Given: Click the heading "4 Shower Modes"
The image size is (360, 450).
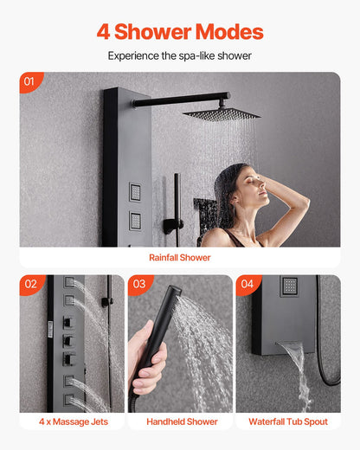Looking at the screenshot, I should click(180, 32).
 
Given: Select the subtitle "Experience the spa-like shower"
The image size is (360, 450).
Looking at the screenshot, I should click(180, 55).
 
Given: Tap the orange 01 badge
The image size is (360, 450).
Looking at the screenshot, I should click(30, 83).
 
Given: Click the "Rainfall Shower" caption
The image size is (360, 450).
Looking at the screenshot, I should click(180, 257).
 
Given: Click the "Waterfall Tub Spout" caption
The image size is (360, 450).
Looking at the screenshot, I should click(288, 422).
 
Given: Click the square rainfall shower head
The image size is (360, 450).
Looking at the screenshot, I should click(222, 113).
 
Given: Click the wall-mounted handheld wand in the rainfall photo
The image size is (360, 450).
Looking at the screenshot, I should click(176, 203).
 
